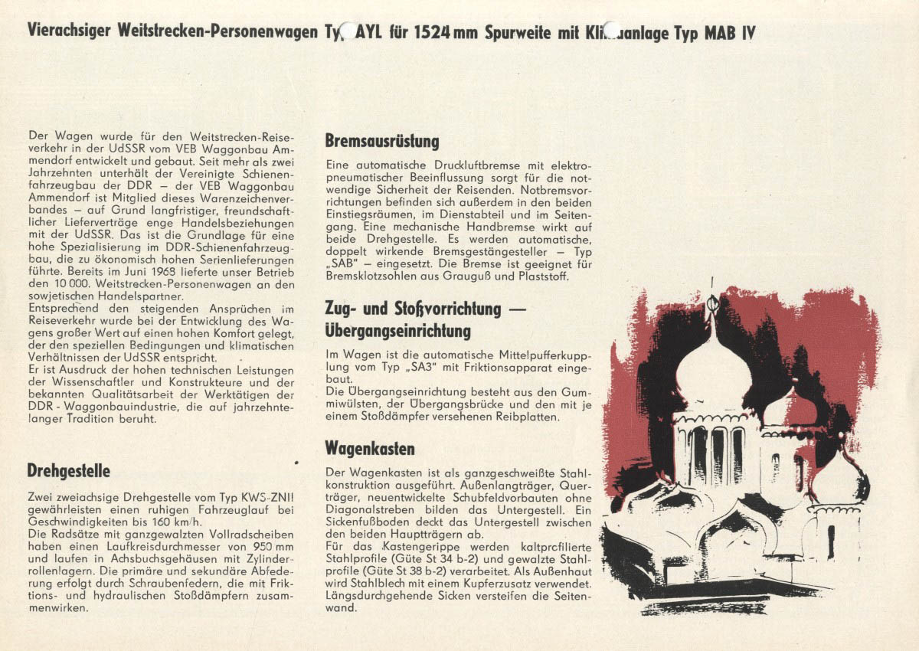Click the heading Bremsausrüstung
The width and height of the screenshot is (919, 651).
point(381,142)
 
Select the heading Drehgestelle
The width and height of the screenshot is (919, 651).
point(68,469)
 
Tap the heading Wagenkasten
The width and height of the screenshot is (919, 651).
point(370,448)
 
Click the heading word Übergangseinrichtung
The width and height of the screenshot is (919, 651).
point(397,332)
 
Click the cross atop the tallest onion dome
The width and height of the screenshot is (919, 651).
point(712,303)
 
